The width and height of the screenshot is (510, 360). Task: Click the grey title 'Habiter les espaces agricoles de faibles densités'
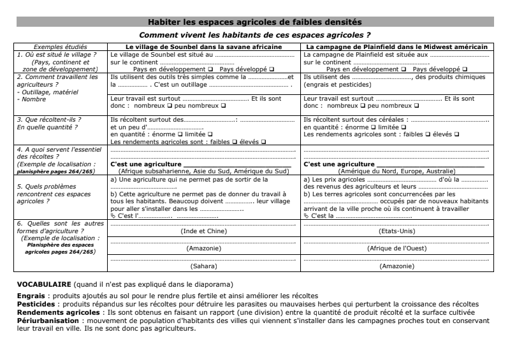point(254,22)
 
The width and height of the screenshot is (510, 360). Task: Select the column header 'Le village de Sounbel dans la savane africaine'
point(203,47)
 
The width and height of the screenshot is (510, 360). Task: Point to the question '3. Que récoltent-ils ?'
point(48,119)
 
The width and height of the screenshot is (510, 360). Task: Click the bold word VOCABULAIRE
point(43,284)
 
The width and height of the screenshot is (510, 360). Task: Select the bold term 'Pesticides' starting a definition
point(36,304)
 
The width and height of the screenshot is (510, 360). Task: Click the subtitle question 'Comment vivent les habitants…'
point(254,35)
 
